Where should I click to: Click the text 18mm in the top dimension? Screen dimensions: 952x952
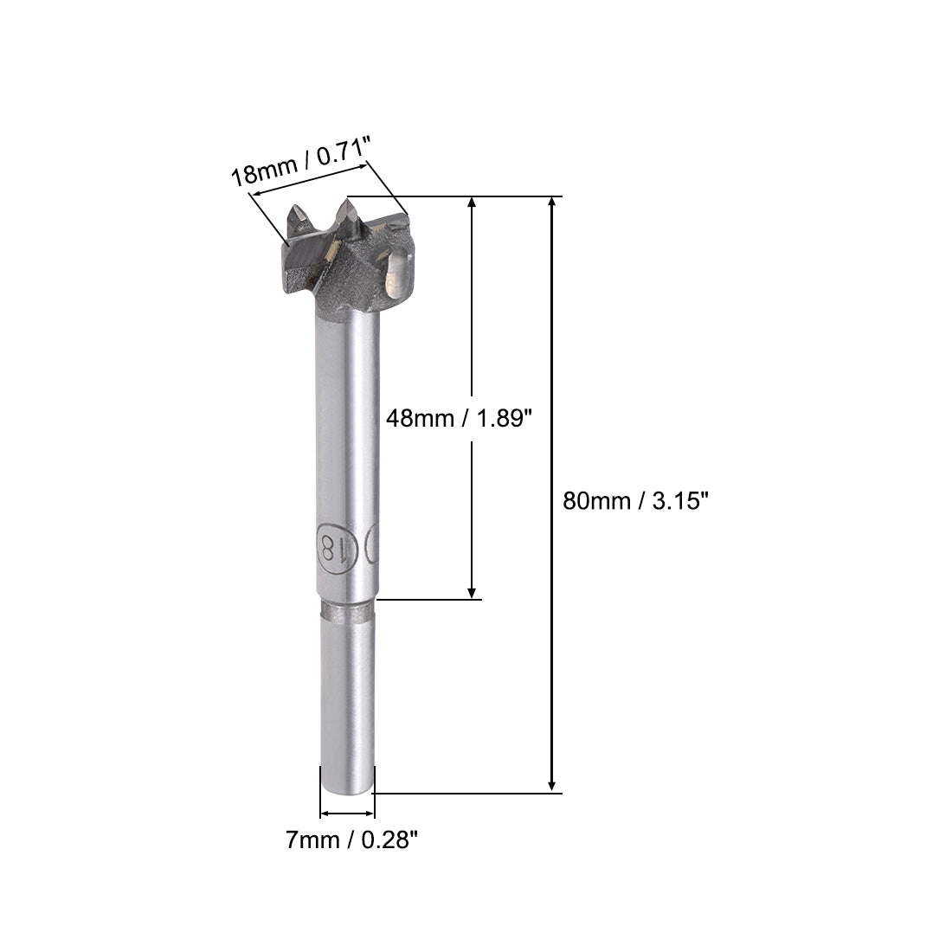pyautogui.click(x=261, y=173)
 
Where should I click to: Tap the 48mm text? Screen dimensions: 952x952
pyautogui.click(x=419, y=419)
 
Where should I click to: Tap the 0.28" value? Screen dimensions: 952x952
pyautogui.click(x=386, y=839)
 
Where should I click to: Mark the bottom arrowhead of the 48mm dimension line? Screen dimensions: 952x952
pyautogui.click(x=472, y=592)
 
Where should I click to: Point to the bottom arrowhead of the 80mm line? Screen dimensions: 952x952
pyautogui.click(x=552, y=786)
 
